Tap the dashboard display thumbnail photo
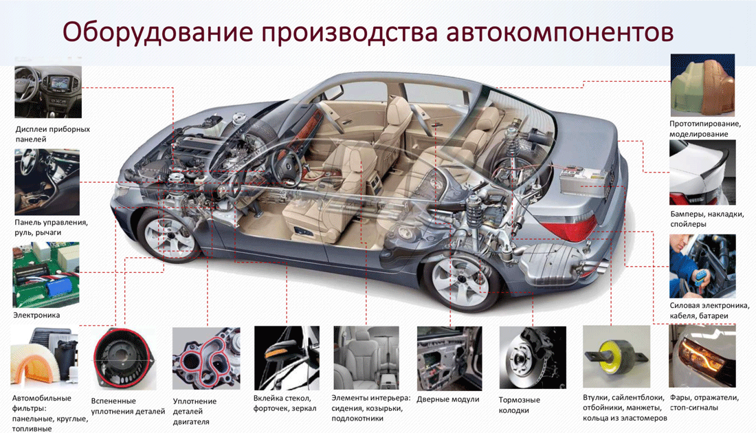click(x=48, y=91)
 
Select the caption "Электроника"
click(x=36, y=315)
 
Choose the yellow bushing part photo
click(x=616, y=357)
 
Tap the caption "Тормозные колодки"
click(x=520, y=405)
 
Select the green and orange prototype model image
click(x=702, y=85)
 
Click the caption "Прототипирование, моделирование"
click(x=704, y=129)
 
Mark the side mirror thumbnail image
click(x=285, y=357)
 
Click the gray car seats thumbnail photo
click(x=366, y=357)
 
